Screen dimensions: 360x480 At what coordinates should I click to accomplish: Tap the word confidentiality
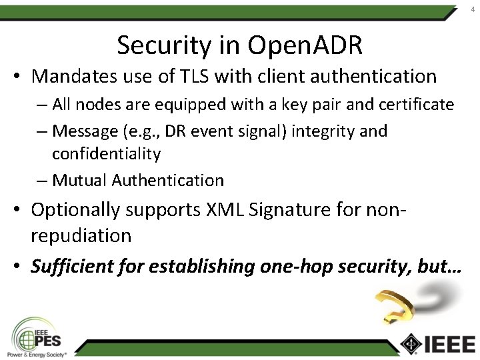click(106, 154)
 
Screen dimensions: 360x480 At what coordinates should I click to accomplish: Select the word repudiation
click(81, 236)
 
